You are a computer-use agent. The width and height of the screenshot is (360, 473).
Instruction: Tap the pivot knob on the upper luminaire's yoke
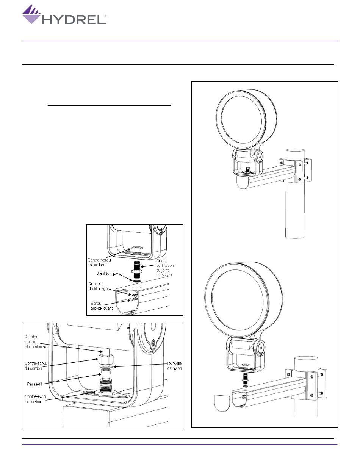tap(260, 157)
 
